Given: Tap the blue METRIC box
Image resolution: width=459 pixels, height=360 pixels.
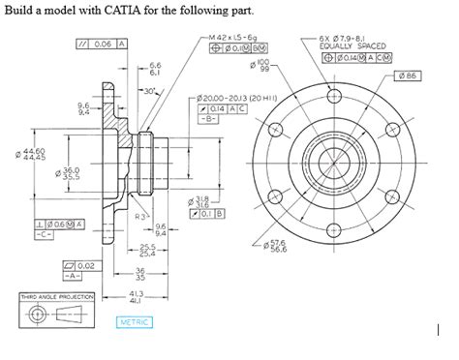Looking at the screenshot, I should coord(136,321).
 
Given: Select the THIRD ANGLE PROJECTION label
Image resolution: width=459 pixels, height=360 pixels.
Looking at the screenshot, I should coord(56,296).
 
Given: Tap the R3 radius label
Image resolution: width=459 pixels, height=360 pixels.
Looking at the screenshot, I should coord(140,217).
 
